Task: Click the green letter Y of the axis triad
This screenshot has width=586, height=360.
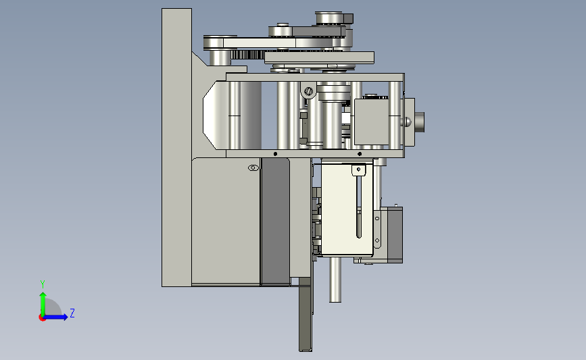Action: pyautogui.click(x=43, y=284)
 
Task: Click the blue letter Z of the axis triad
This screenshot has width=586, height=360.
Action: pyautogui.click(x=72, y=313)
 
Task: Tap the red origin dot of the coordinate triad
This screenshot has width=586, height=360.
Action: pyautogui.click(x=42, y=318)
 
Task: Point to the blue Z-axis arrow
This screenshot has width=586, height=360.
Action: pyautogui.click(x=56, y=317)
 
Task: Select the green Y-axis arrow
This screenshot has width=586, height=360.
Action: pyautogui.click(x=43, y=304)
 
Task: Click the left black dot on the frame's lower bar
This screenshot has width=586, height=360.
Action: pyautogui.click(x=276, y=154)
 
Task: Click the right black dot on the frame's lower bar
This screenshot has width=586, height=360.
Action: pyautogui.click(x=360, y=154)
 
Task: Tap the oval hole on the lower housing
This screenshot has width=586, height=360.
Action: pyautogui.click(x=253, y=168)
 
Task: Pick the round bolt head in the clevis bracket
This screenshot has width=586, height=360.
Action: pyautogui.click(x=309, y=91)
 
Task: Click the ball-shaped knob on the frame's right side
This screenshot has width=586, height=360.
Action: pyautogui.click(x=407, y=122)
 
